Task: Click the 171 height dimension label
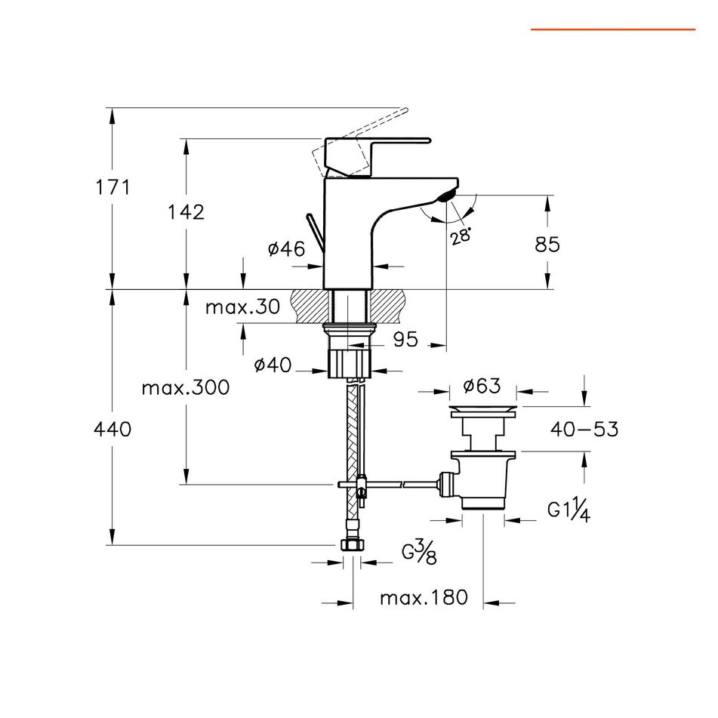(112, 186)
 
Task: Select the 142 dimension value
(186, 212)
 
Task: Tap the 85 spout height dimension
(547, 244)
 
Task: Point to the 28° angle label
(461, 236)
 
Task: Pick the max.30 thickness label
(242, 307)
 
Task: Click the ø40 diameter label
(273, 365)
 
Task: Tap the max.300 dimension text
(185, 388)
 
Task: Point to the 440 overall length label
(112, 430)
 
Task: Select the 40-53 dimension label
(584, 430)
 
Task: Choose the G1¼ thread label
(569, 510)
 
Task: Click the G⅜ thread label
(419, 553)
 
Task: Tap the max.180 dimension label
(424, 599)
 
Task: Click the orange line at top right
(612, 29)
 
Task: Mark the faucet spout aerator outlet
(444, 196)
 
